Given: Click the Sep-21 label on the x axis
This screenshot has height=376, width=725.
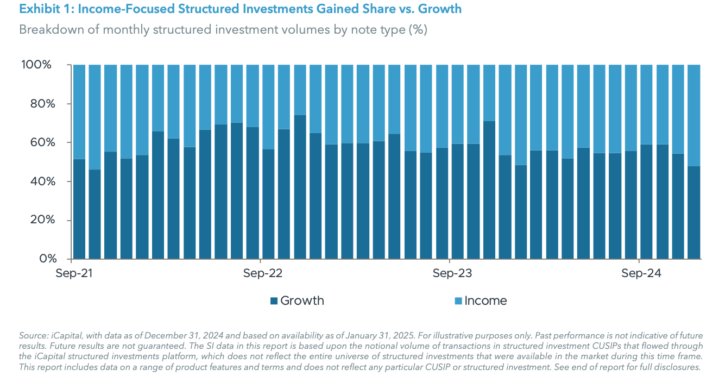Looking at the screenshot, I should pos(74,273).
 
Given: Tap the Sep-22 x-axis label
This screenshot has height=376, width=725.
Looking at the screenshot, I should pos(263,273).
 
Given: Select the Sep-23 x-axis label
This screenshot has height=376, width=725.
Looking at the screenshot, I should pos(452,273).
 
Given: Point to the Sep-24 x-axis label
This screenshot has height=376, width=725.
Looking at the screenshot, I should pos(641,273).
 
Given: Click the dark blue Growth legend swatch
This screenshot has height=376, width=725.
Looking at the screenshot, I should pos(274,301).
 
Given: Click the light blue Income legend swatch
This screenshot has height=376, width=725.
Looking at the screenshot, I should pos(458,301).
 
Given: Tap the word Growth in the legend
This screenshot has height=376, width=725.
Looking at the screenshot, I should pos(302,301).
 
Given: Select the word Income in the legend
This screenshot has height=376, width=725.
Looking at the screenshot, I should pos(486,301).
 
